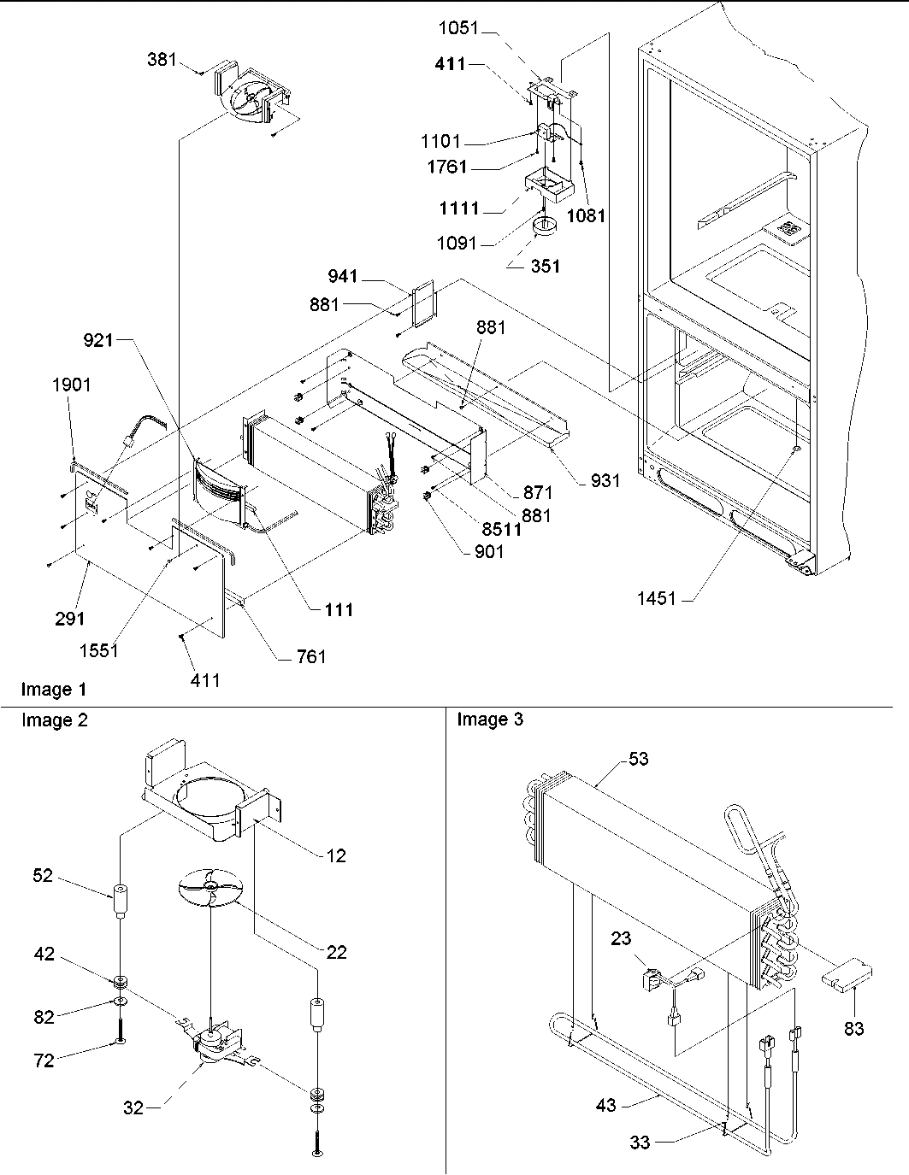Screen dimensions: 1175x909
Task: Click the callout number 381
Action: (x=162, y=60)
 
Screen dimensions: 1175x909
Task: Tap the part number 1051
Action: (x=459, y=28)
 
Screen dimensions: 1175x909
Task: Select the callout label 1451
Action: (x=656, y=599)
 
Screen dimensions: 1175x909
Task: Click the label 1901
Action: (x=71, y=385)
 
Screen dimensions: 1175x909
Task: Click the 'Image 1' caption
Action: (x=54, y=689)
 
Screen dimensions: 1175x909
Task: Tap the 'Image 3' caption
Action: (x=490, y=720)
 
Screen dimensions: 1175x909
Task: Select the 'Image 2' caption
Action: (x=54, y=720)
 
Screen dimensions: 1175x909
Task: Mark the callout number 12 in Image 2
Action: (x=337, y=855)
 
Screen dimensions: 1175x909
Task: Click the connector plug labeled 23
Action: (x=654, y=978)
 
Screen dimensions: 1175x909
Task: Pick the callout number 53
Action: (x=638, y=759)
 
